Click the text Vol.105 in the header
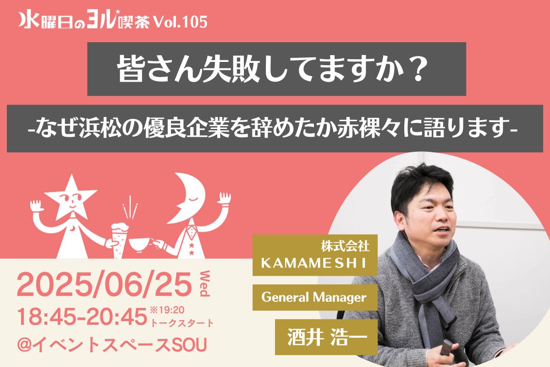point(181,22)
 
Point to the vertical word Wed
point(204,284)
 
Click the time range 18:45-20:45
point(82,317)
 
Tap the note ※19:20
point(167,310)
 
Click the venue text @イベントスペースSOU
point(112,345)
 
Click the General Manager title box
point(315,297)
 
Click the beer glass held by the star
point(119,240)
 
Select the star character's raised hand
point(36,206)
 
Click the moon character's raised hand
point(224,198)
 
